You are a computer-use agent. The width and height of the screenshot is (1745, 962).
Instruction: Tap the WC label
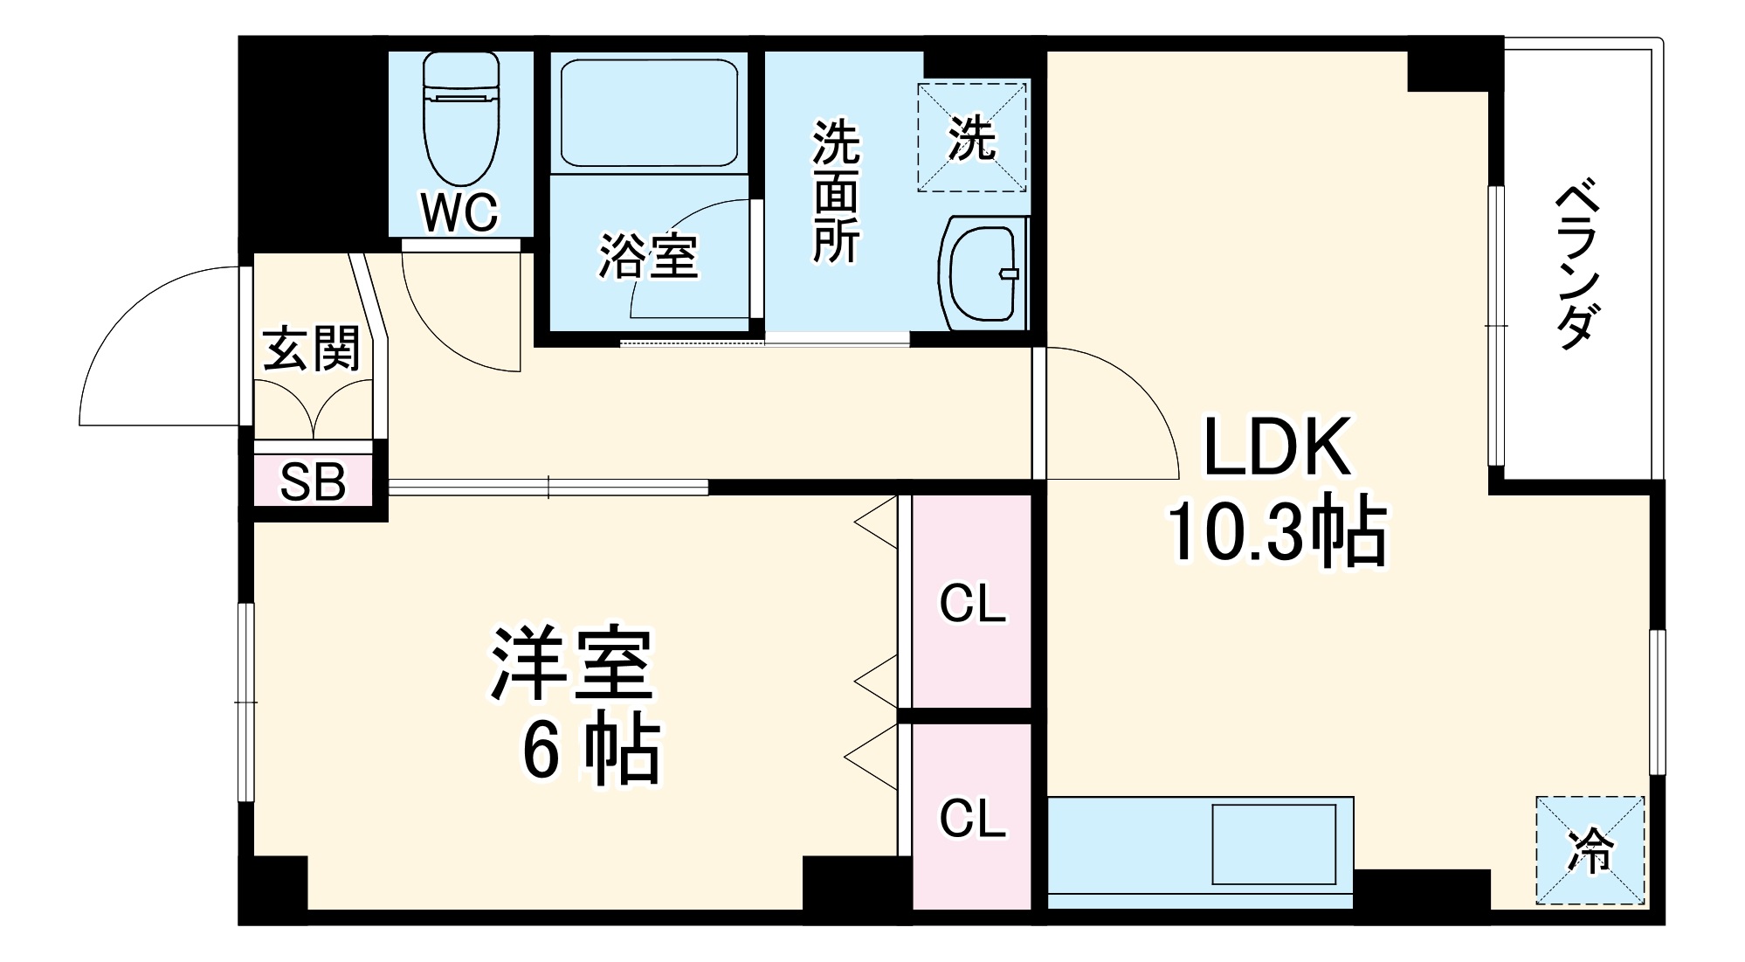pos(459,211)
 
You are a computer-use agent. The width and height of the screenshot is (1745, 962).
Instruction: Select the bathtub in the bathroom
pos(649,113)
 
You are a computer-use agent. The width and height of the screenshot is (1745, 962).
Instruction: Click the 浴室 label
pos(648,256)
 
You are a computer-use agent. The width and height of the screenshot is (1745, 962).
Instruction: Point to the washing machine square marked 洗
pos(972,137)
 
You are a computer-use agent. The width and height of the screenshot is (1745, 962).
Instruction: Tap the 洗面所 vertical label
pos(836,192)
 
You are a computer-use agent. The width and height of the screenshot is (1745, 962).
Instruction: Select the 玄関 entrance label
pos(311,349)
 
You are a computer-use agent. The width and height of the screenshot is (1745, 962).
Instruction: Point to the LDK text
pos(1277,447)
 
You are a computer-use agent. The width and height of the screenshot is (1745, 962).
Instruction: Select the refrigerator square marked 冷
pos(1590,849)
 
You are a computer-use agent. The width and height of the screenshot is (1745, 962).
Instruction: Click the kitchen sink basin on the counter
pos(1273,844)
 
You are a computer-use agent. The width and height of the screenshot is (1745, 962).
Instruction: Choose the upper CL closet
pos(972,603)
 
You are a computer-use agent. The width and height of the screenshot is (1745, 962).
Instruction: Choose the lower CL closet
pos(972,818)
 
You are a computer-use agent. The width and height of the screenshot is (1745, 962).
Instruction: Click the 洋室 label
pos(572,663)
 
